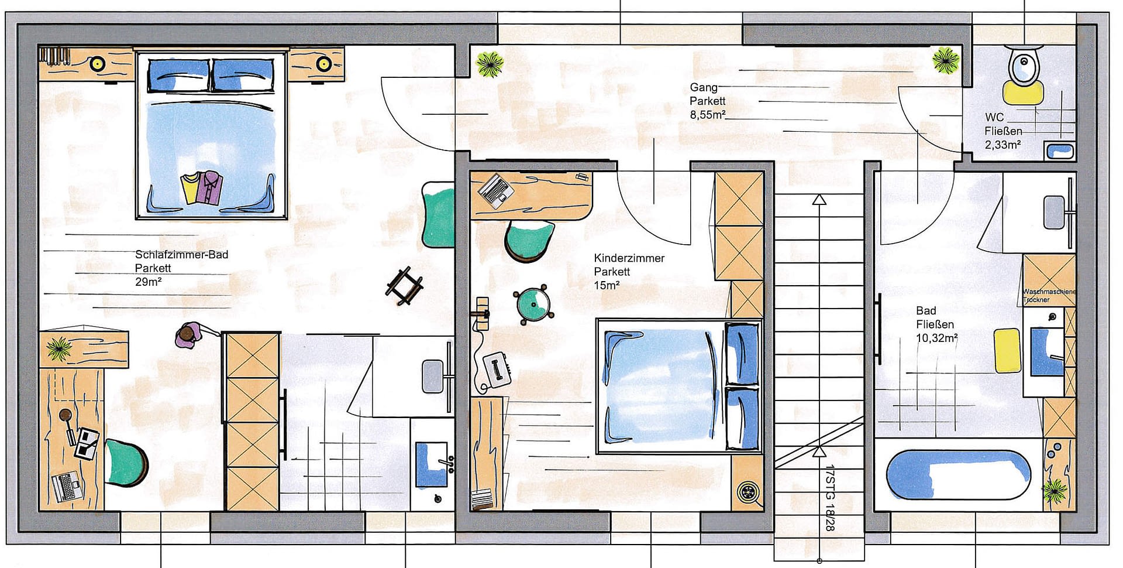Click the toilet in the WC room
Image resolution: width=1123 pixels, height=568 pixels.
1022,66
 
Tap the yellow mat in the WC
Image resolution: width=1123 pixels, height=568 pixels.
1022,93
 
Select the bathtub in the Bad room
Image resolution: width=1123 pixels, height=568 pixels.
958,475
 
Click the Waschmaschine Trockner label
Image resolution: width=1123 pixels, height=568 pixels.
1049,295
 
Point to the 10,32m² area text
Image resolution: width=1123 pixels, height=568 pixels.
936,338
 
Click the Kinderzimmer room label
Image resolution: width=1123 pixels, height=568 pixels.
629,258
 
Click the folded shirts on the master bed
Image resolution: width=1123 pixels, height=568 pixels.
202,187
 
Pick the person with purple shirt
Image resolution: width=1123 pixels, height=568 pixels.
189,336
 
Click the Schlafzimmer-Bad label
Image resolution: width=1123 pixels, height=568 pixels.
181,255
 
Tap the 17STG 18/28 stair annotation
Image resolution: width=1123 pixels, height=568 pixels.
829,498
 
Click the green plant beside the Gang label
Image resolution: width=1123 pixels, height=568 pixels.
490,64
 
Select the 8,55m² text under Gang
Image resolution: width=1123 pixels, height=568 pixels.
707,115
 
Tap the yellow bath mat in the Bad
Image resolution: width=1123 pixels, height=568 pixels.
1007,350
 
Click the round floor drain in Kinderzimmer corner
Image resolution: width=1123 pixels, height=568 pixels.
748,491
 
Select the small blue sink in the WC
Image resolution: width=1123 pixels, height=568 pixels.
1059,151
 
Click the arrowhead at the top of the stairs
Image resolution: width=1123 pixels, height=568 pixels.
819,200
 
